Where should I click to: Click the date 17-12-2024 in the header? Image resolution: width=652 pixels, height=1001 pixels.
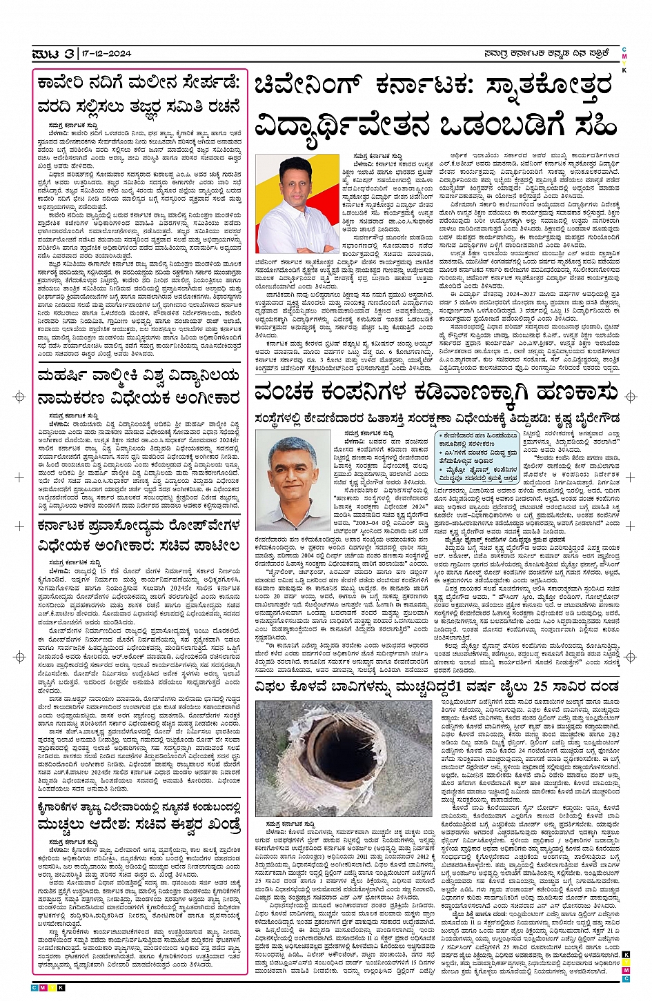pos(104,54)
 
